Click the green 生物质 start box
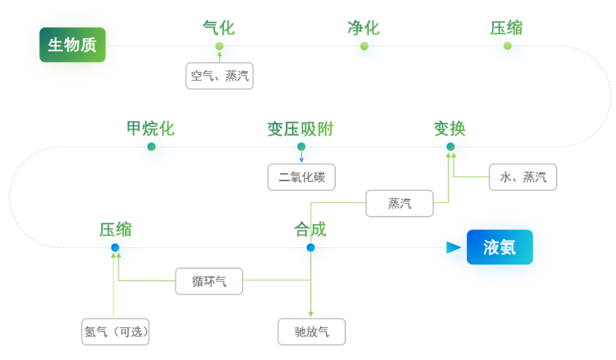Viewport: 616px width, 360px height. [x=72, y=45]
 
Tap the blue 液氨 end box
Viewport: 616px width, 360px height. [x=499, y=247]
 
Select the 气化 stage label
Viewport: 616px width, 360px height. [x=219, y=27]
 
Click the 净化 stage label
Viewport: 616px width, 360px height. [x=364, y=27]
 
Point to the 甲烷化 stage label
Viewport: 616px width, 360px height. [x=150, y=128]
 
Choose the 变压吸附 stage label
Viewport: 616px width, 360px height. [x=300, y=129]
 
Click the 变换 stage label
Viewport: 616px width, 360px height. [x=450, y=128]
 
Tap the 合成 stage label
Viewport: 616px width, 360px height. [x=310, y=229]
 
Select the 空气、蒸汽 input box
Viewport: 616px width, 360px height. [x=220, y=76]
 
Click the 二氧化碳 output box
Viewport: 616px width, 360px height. [x=302, y=177]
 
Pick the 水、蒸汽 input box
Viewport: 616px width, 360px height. [x=523, y=177]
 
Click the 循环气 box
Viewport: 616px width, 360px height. [x=209, y=281]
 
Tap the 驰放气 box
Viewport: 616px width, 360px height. [x=312, y=331]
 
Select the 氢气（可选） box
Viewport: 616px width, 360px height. [x=115, y=331]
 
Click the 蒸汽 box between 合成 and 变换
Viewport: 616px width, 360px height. [x=400, y=203]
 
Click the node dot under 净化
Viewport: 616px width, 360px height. [x=364, y=46]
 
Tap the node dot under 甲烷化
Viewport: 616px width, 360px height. [x=152, y=147]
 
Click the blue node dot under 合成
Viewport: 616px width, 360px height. [x=311, y=248]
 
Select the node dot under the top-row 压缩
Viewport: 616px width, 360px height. [x=508, y=46]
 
